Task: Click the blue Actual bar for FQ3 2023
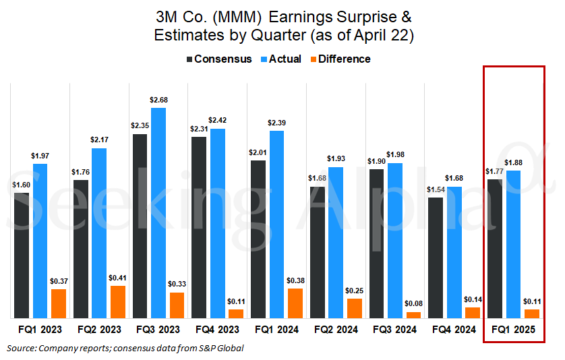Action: [158, 213]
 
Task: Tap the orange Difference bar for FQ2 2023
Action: [118, 302]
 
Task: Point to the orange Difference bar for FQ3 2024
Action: [414, 315]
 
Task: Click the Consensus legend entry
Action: [218, 59]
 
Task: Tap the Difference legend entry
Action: [340, 59]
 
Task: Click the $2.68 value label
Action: [158, 100]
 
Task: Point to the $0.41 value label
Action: [118, 278]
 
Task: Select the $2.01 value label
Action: [257, 152]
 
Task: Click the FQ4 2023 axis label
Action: [217, 330]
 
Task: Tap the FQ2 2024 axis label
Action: [336, 330]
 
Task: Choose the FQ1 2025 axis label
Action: [514, 330]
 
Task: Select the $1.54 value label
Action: [436, 190]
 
